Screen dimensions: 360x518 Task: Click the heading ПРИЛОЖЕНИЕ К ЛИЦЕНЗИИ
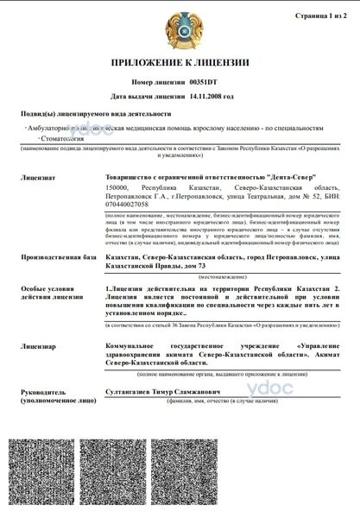tap(180, 62)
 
